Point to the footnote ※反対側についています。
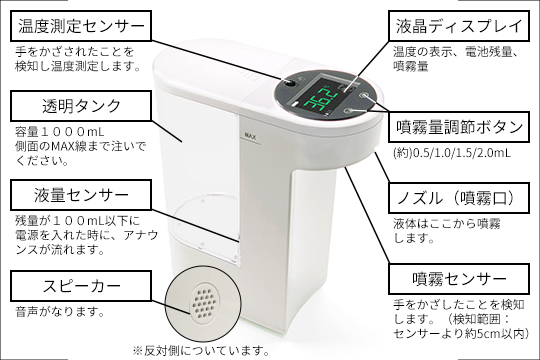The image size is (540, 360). click(201, 350)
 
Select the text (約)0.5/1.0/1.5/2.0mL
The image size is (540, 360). click(439, 153)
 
